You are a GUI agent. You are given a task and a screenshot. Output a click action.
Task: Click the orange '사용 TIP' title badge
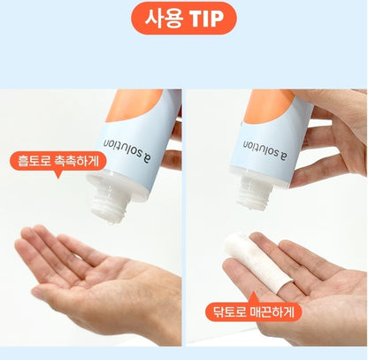click(x=183, y=19)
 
